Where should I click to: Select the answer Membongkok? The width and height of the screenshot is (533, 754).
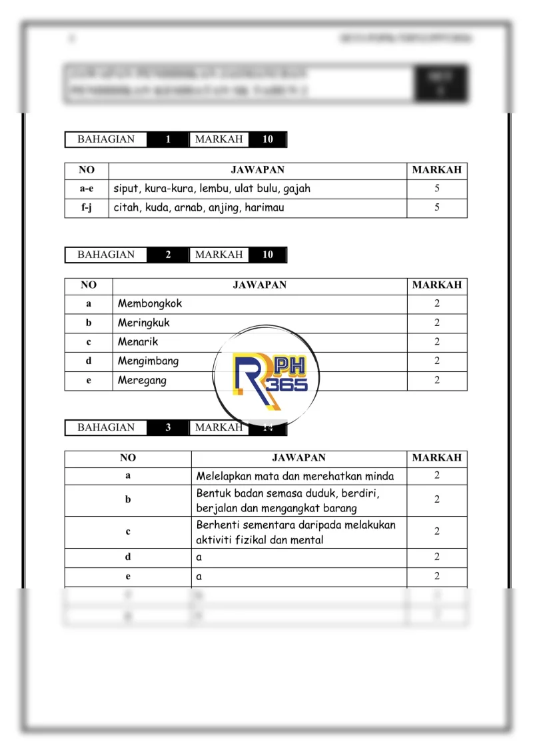pos(150,303)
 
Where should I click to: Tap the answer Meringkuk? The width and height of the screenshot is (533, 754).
pos(144,323)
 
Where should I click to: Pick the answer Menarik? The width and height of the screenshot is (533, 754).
pos(138,342)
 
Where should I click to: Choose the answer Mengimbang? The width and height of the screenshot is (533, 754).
pos(148,361)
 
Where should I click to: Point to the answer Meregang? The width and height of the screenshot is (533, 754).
pos(142,381)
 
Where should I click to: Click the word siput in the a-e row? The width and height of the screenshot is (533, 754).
pos(125,189)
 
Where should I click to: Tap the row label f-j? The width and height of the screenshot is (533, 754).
pos(87,208)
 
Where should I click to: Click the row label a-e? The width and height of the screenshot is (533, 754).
pos(87,189)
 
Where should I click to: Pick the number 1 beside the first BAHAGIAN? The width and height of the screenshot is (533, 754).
pos(168,139)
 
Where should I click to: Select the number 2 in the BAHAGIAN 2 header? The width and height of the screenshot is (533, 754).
pos(168,255)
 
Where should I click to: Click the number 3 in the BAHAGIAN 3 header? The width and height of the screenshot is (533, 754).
pos(168,427)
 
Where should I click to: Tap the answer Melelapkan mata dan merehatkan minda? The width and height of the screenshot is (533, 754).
pos(295,477)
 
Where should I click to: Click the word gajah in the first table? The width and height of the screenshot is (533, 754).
pos(296,189)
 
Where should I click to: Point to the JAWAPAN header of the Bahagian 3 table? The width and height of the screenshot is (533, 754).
pos(298,458)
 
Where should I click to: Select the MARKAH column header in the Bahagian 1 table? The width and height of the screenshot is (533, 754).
pos(436,170)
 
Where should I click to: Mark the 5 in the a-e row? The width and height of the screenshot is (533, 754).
pos(437,189)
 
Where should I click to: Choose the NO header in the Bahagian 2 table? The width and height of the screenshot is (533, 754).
pos(89,285)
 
